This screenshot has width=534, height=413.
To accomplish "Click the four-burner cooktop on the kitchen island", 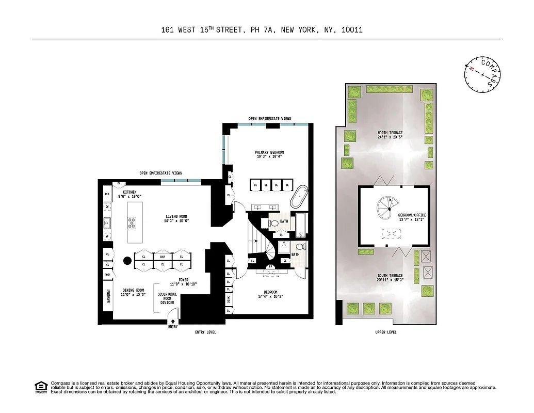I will point(132,223).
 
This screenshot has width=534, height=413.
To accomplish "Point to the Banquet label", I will point(108,298).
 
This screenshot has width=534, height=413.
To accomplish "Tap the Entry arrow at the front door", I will point(173,322).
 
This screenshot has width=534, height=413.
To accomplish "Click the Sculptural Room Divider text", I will point(167,298).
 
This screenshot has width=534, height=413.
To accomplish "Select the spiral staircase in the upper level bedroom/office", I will point(385,209).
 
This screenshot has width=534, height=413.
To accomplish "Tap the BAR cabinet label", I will point(163,256).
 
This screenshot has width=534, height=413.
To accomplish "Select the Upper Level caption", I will point(386,332).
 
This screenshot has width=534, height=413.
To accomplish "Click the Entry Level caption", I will point(205,332).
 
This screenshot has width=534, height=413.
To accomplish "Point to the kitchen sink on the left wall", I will point(108,224).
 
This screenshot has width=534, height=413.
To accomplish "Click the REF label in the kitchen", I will point(107,195).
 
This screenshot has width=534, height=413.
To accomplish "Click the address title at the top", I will point(262,30).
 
